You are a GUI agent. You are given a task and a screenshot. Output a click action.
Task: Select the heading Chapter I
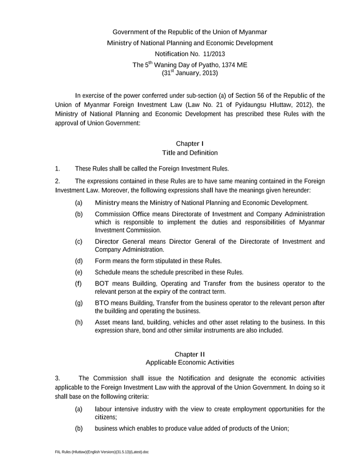click(190, 144)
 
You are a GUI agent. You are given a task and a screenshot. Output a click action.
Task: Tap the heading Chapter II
click(190, 354)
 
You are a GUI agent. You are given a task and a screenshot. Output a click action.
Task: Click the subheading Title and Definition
click(190, 153)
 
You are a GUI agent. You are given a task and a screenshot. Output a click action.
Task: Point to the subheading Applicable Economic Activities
click(190, 362)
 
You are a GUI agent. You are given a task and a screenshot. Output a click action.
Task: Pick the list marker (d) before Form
click(79, 261)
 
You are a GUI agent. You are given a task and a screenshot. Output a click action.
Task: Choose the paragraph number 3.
click(57, 378)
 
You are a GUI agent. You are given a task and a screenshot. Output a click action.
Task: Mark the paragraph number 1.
click(57, 168)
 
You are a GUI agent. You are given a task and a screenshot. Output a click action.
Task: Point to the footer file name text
click(102, 452)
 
